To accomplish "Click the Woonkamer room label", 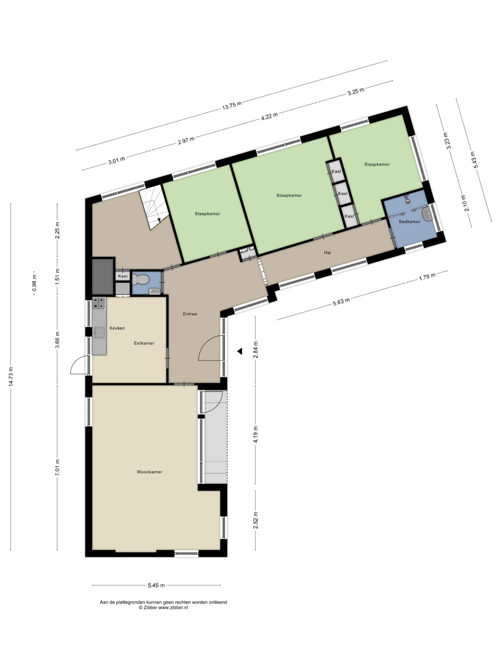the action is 149,471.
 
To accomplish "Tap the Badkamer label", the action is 409,222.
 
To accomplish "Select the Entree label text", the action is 190,314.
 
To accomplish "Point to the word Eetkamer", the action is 144,343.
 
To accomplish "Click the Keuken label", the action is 117,328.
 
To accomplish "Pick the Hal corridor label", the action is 327,252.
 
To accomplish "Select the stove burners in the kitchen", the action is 99,303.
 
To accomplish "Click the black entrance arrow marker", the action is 240,351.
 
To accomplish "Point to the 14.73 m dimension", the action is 11,376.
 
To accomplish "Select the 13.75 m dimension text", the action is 232,105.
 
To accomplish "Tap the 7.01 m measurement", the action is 57,467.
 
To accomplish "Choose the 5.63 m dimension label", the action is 341,302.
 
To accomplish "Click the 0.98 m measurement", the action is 34,283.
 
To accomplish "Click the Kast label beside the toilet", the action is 123,276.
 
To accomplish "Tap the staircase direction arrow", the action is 159,220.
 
